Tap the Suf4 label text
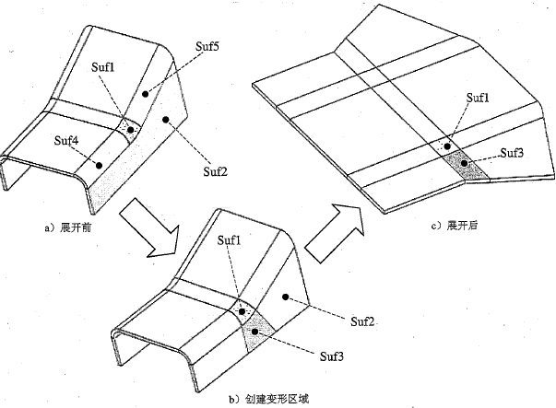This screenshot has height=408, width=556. [x=65, y=140]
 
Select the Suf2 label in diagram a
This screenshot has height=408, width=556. [x=216, y=171]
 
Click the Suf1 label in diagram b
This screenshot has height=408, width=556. [x=231, y=240]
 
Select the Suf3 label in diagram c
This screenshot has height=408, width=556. [x=514, y=153]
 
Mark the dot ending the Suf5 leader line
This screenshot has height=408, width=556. [x=145, y=93]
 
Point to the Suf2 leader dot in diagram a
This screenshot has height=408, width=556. [x=163, y=120]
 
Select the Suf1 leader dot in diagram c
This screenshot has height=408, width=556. [x=445, y=146]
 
